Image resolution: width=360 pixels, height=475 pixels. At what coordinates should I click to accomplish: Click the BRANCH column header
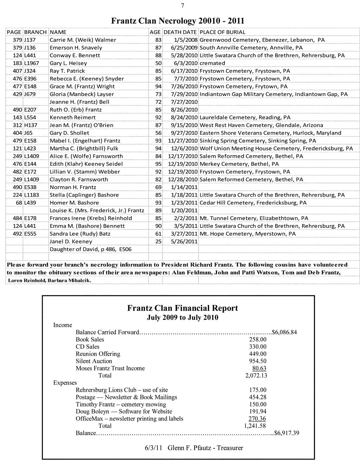click(x=35, y=32)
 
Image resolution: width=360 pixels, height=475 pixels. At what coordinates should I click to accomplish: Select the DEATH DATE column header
click(x=180, y=32)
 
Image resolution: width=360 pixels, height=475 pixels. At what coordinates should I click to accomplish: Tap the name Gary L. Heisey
click(x=68, y=63)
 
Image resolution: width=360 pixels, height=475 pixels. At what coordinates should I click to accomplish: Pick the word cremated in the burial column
click(x=212, y=63)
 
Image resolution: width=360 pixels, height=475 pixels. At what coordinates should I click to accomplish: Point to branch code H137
click(x=30, y=125)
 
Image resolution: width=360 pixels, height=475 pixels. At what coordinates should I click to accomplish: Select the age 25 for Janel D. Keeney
click(x=158, y=241)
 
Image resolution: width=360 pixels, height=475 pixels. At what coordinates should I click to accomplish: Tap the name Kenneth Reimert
click(x=73, y=117)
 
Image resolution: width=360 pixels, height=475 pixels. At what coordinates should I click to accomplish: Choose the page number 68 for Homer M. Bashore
click(x=19, y=203)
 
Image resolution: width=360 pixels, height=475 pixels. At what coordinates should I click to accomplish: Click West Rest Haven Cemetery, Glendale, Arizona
click(x=261, y=125)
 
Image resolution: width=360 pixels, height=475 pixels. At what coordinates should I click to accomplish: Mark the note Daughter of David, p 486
click(x=90, y=249)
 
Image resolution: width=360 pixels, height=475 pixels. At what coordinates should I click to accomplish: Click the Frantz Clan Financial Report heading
click(x=182, y=308)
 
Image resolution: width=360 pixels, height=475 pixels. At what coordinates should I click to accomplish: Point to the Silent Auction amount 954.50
click(x=257, y=361)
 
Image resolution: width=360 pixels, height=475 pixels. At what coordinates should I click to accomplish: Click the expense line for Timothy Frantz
click(x=121, y=404)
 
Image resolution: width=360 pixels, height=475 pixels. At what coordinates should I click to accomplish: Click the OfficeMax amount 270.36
click(x=257, y=419)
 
